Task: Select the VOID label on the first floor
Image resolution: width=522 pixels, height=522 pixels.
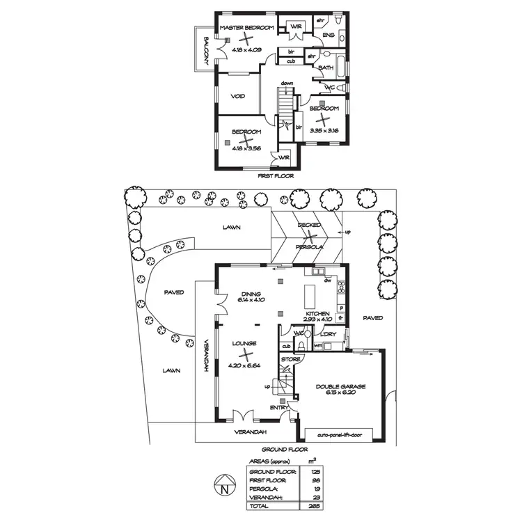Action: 237,97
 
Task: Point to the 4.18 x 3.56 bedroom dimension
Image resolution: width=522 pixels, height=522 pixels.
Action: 246,148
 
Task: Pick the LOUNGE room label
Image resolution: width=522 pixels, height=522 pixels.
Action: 245,343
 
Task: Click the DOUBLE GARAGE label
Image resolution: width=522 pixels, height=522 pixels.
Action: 340,386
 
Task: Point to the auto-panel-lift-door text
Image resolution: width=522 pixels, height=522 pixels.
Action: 340,435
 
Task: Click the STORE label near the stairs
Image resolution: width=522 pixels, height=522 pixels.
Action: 291,359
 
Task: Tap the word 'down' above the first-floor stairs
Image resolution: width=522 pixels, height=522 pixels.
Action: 287,84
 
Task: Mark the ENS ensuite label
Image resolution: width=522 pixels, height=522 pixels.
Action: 329,35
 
